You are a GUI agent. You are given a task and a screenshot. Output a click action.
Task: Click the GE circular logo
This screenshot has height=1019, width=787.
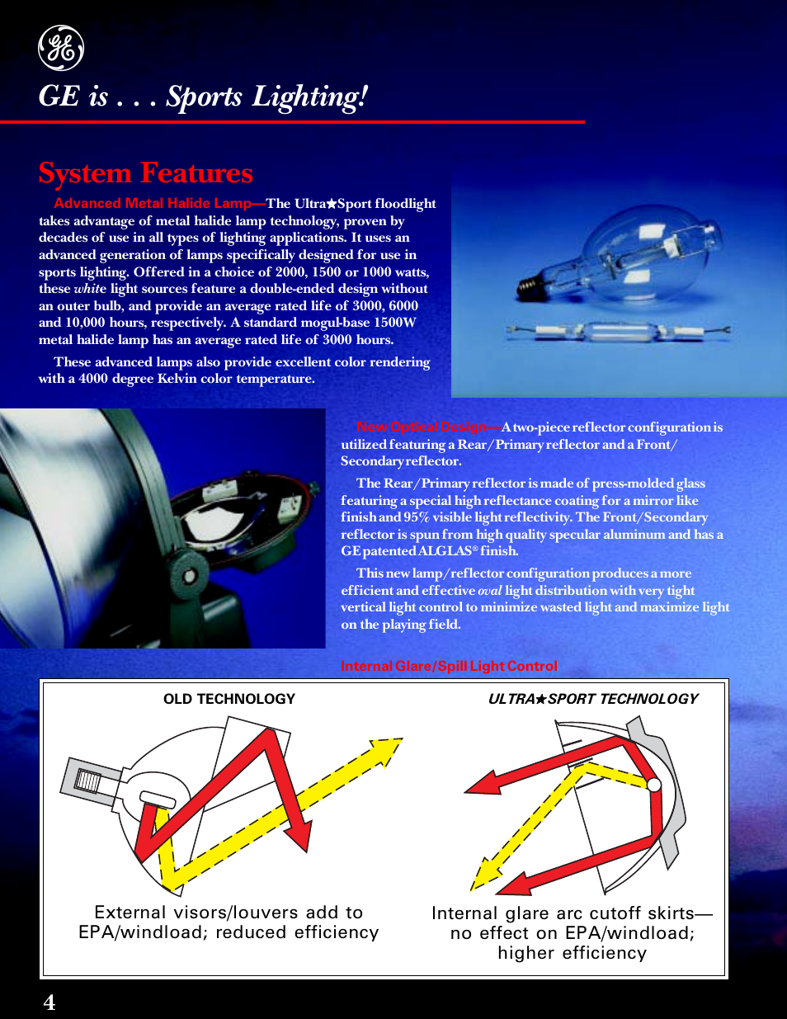pyautogui.click(x=61, y=49)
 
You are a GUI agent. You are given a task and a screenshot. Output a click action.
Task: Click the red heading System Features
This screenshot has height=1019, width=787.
pyautogui.click(x=146, y=172)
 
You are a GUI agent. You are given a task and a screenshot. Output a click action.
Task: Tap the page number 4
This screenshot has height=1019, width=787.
pyautogui.click(x=49, y=1002)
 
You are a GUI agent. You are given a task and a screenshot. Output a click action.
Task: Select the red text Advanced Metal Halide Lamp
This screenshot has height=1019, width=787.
pyautogui.click(x=153, y=203)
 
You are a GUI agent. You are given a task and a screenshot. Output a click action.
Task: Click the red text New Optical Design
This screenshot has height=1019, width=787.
pyautogui.click(x=422, y=427)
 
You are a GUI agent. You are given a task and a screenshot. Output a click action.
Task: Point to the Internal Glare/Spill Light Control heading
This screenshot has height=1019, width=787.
pyautogui.click(x=449, y=666)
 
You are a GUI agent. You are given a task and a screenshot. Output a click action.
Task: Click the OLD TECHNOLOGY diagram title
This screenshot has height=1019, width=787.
pyautogui.click(x=229, y=699)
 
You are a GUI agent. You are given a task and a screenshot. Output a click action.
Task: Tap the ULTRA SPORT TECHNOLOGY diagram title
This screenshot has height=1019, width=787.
pyautogui.click(x=593, y=699)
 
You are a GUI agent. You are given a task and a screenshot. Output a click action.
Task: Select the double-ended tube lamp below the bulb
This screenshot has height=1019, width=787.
pyautogui.click(x=619, y=332)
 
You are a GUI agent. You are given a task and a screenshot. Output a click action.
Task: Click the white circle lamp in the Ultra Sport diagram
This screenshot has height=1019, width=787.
pyautogui.click(x=654, y=785)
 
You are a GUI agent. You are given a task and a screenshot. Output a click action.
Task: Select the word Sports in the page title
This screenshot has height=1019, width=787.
pyautogui.click(x=204, y=97)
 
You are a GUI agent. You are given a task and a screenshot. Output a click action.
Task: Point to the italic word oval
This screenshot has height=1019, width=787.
pyautogui.click(x=490, y=591)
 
